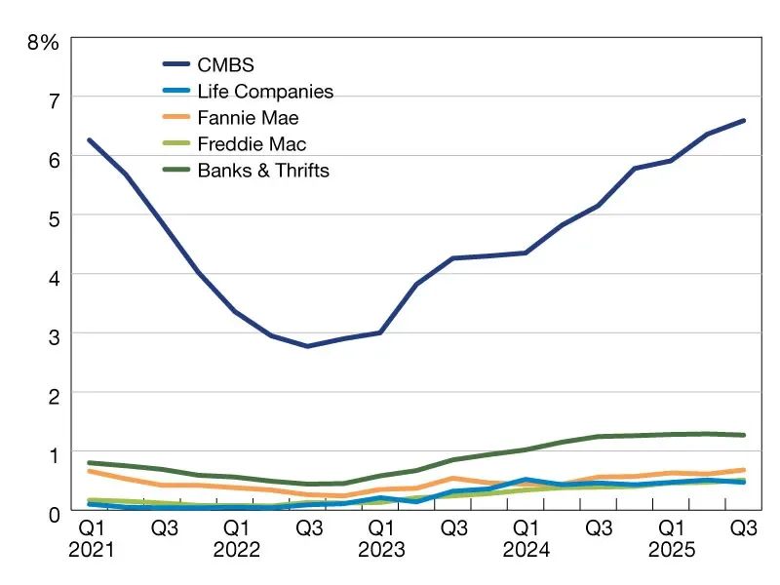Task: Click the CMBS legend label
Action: coord(225,66)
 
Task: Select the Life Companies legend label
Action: coord(265,93)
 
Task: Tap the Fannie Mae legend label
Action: coord(247,118)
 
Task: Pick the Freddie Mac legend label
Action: coord(252,144)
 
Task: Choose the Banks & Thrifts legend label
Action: coord(263,171)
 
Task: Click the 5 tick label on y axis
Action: coord(54,216)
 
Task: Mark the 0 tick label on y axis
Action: coord(54,512)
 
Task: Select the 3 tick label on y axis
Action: coord(54,334)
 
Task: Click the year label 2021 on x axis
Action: coord(91,549)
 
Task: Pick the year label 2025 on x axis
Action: coord(672,549)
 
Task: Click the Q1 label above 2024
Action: coord(527,527)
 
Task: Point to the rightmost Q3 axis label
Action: coord(744,527)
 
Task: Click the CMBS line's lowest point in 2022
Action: coord(308,346)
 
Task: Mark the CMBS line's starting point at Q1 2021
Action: coord(90,140)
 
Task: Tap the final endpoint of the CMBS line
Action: coord(744,121)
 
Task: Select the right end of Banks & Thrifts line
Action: coord(744,435)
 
